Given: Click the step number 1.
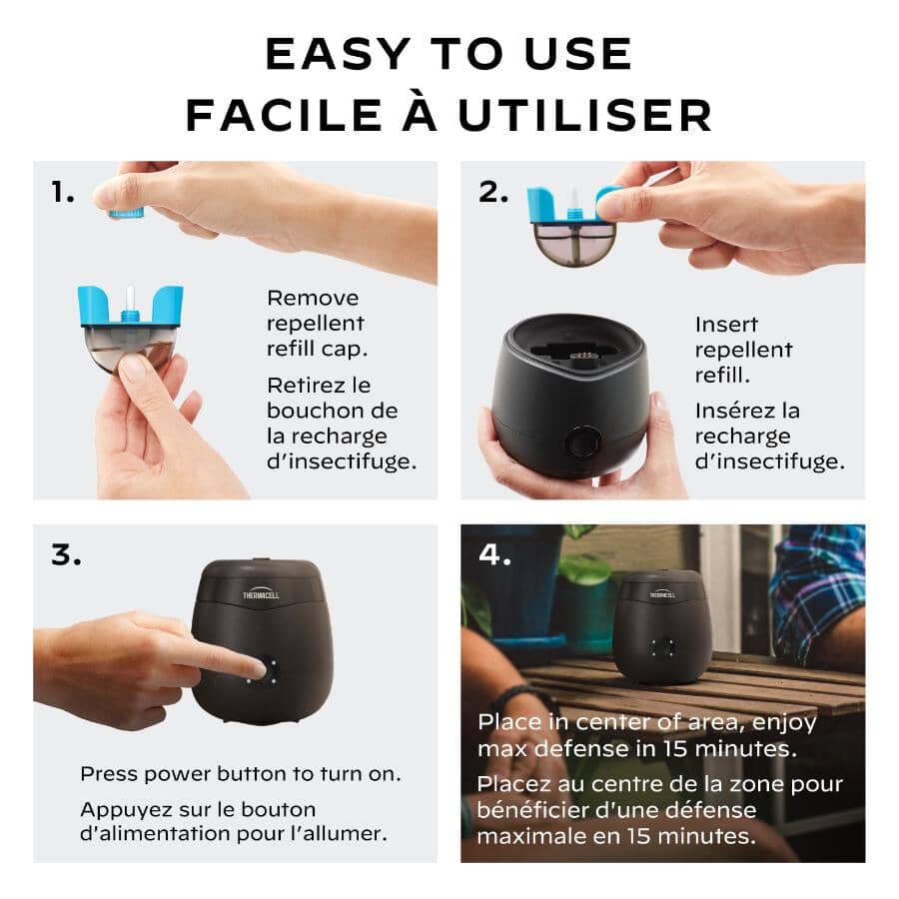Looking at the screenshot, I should [63, 194].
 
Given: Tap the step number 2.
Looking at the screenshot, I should [493, 193].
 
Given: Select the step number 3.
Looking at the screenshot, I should [66, 556].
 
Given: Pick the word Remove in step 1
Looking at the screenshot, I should [313, 298].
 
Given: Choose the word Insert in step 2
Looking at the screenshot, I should [726, 325].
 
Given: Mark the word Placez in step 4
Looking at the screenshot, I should [511, 784].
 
